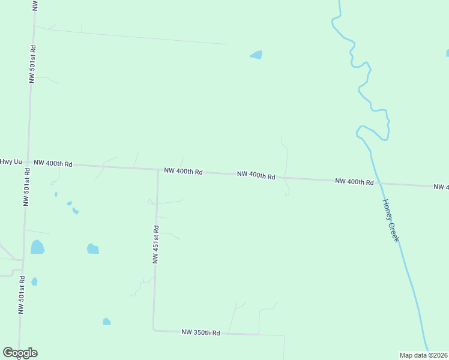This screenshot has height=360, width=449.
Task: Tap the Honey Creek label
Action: (x=390, y=220)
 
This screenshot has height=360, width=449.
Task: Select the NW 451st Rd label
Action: (x=155, y=244)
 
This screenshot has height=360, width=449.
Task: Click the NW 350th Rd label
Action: (x=200, y=332)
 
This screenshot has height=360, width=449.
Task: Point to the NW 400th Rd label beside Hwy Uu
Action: (x=53, y=163)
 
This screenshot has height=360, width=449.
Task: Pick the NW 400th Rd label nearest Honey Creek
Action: (x=354, y=181)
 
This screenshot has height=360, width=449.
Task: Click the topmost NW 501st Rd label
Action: (x=33, y=64)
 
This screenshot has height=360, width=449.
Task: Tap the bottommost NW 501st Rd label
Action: (x=21, y=295)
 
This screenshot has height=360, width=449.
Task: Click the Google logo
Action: (x=20, y=353)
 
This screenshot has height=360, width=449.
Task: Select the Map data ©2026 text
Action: (x=423, y=355)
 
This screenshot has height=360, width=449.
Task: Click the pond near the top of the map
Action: (x=256, y=55)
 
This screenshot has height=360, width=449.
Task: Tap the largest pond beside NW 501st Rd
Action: (x=37, y=247)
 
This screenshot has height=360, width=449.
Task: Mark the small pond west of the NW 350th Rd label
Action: (x=106, y=322)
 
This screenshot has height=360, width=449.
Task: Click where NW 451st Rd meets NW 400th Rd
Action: (x=158, y=169)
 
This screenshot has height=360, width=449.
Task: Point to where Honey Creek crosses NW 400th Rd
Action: (x=379, y=183)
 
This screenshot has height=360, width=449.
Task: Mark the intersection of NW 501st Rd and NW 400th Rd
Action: (x=28, y=163)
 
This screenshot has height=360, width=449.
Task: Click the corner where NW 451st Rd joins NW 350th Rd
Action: (x=154, y=329)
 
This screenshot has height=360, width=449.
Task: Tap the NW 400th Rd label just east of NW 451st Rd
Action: (x=183, y=171)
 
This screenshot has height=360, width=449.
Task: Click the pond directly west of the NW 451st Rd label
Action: (x=92, y=248)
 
